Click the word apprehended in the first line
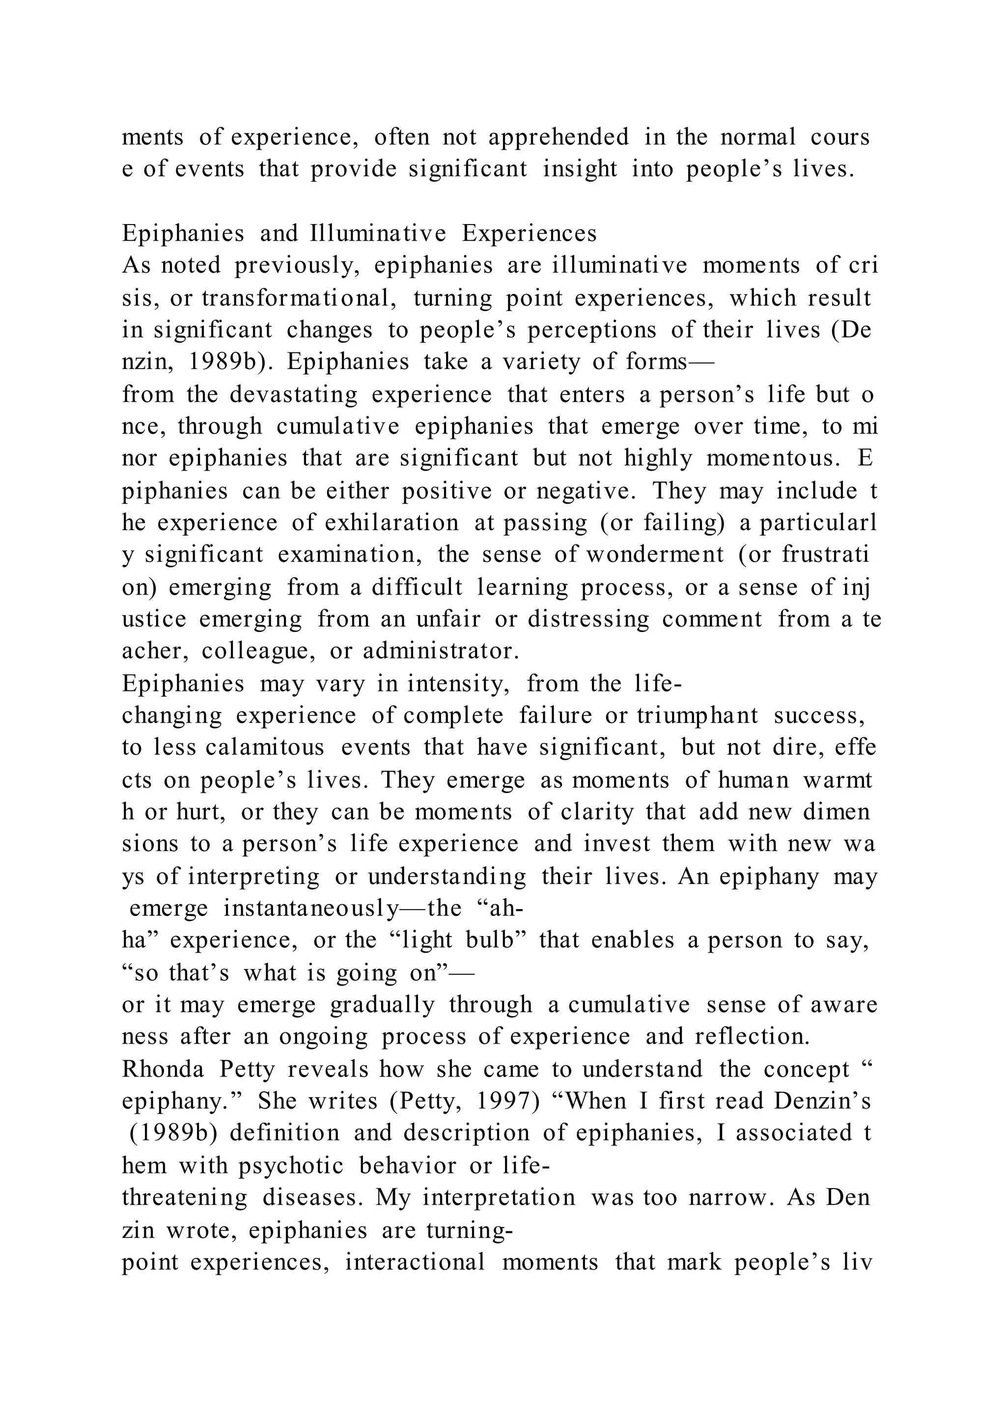[x=559, y=137]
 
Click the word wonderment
[x=655, y=555]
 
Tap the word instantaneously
[x=311, y=909]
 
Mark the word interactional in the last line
[x=415, y=1262]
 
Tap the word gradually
[x=382, y=1005]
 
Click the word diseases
[x=313, y=1198]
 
